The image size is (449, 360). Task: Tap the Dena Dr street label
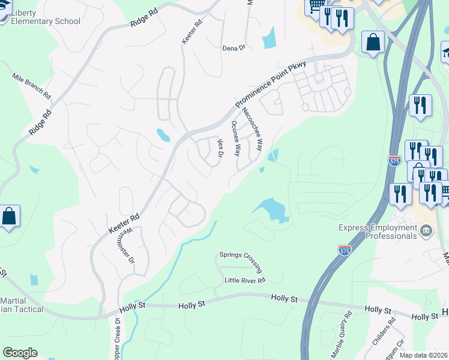coord(234,48)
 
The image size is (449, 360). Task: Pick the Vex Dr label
coord(220,148)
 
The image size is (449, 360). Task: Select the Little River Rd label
coord(244,280)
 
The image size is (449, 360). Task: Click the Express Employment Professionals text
coord(377,232)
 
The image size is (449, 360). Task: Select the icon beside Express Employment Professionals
coord(426,230)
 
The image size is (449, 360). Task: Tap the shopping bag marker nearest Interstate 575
coord(373,43)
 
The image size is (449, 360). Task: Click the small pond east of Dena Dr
coord(269,38)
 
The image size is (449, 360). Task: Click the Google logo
coord(20,353)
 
